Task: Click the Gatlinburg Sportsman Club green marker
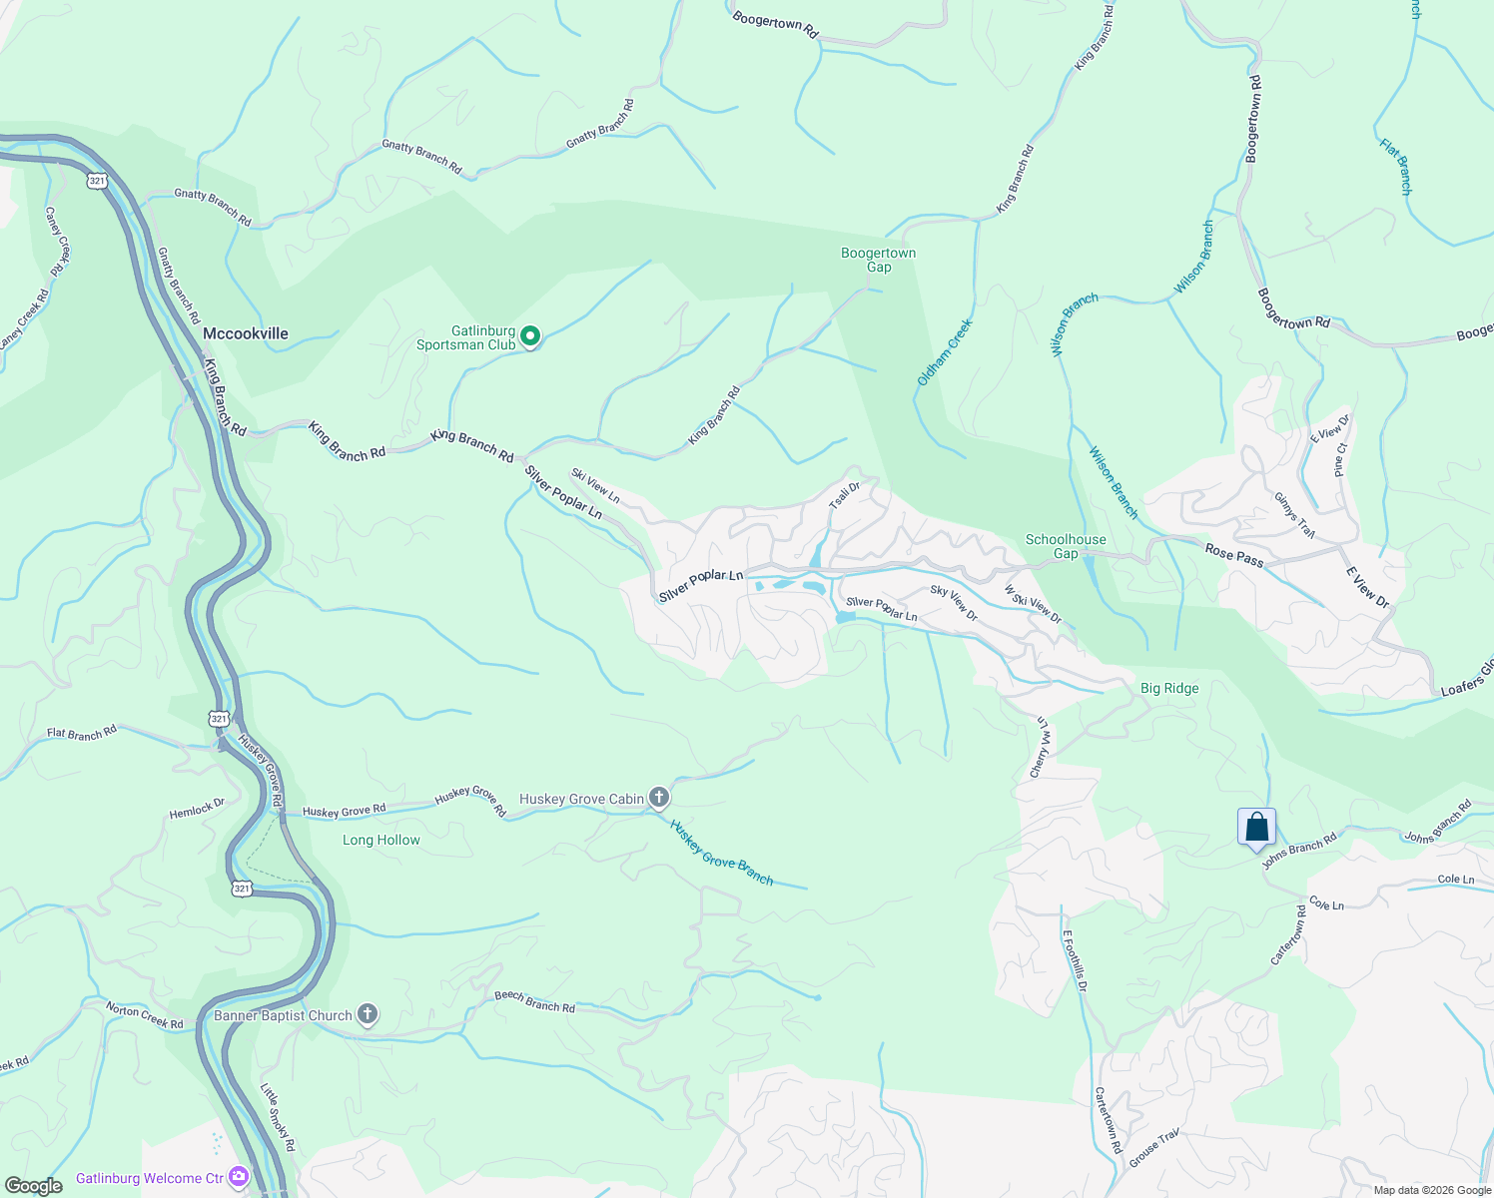[531, 336]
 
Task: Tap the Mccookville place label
[245, 333]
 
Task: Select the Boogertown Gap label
[878, 260]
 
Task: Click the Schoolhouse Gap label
[1066, 546]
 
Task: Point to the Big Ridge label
[1169, 688]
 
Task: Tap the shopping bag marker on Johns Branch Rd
[1256, 828]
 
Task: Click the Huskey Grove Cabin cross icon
[658, 797]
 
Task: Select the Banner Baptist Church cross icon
[368, 1015]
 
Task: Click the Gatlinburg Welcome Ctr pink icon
[238, 1177]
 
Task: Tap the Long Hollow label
[381, 840]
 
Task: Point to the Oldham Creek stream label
[945, 352]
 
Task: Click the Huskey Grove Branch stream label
[721, 853]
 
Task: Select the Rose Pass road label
[1234, 555]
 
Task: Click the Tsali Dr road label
[845, 496]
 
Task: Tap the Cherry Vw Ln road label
[1042, 747]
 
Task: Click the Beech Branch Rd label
[534, 1002]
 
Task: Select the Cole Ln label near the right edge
[1455, 880]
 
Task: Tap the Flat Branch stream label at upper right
[1396, 166]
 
